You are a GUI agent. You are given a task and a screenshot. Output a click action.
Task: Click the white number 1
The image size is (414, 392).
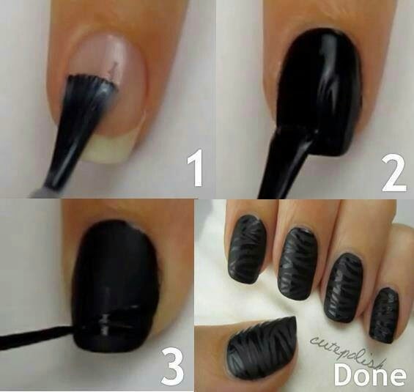coord(196,168)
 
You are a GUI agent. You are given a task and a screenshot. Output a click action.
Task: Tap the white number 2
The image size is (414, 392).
coord(394,174)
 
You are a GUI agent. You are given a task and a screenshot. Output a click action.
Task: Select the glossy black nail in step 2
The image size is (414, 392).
coord(317,89)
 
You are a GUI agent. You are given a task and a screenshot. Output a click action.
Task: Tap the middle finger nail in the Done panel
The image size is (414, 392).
coord(297,264)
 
